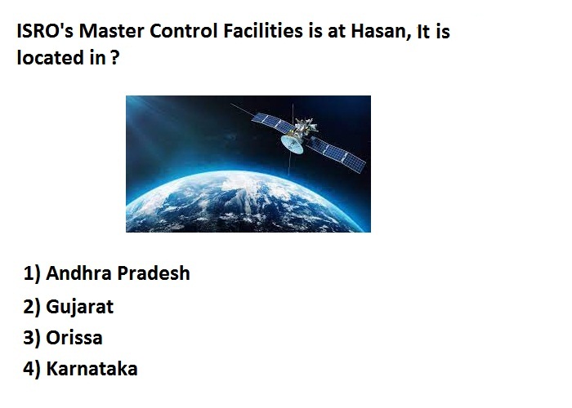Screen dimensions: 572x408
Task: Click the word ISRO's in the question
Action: (45, 31)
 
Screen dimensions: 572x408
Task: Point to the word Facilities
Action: (262, 31)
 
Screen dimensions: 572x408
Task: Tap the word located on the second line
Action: (51, 58)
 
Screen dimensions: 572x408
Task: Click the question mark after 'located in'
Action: (114, 58)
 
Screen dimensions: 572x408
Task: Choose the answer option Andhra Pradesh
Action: (118, 273)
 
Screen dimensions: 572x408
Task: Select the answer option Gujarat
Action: (79, 307)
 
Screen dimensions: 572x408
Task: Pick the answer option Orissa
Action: (74, 338)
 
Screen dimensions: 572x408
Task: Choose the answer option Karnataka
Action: (92, 369)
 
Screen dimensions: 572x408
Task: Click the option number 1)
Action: (32, 273)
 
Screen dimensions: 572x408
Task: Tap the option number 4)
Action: (32, 369)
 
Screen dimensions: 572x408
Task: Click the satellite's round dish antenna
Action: (293, 144)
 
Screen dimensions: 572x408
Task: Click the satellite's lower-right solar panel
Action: (336, 154)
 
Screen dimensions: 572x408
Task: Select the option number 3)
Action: (32, 338)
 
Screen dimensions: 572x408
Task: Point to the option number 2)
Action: (32, 307)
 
